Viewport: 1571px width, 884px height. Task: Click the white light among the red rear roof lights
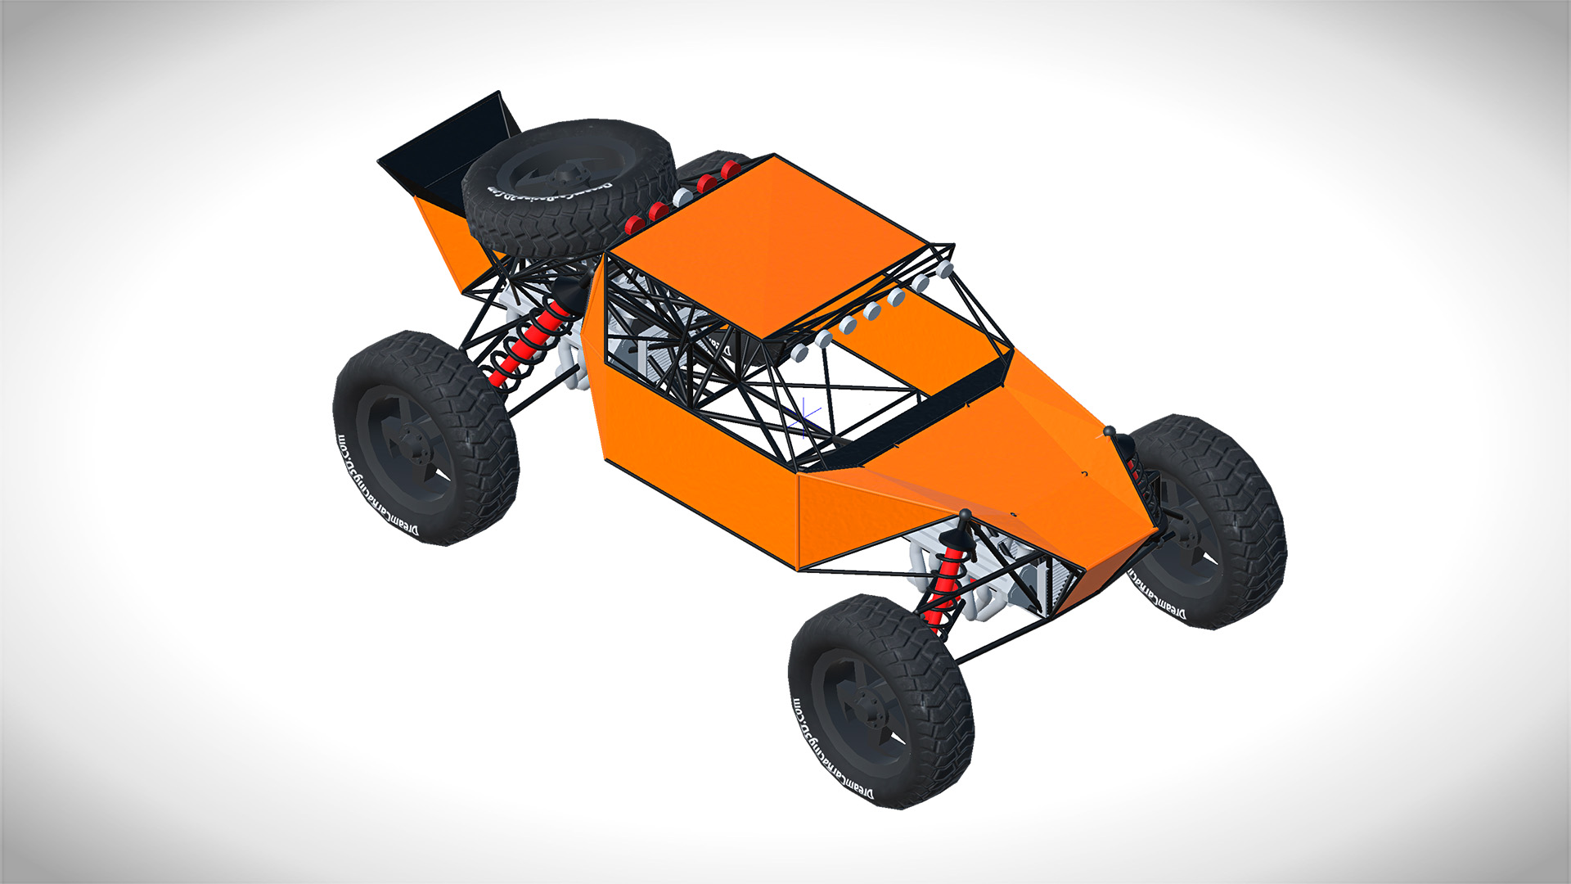(682, 198)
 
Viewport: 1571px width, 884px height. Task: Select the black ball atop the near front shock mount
(965, 514)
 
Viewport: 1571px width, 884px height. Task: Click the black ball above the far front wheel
(1110, 431)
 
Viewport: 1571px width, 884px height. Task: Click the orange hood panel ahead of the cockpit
(1023, 458)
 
